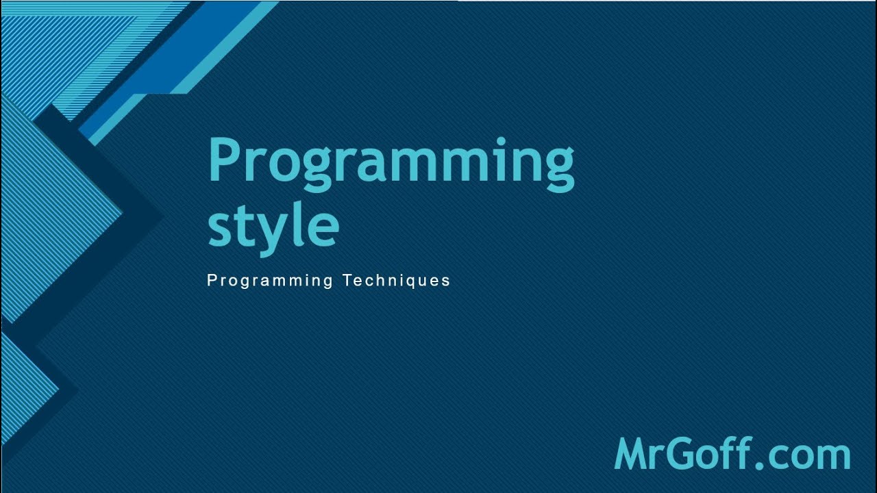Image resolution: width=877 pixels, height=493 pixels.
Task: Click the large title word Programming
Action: click(x=391, y=163)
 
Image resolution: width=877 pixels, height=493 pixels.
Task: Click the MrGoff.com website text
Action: click(x=732, y=454)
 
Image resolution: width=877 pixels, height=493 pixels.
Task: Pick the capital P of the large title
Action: click(x=223, y=159)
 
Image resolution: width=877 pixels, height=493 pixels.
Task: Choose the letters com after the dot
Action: click(x=808, y=457)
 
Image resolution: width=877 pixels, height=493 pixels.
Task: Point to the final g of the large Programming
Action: click(x=558, y=170)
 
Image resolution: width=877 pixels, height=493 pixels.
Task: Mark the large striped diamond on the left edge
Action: click(x=55, y=212)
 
